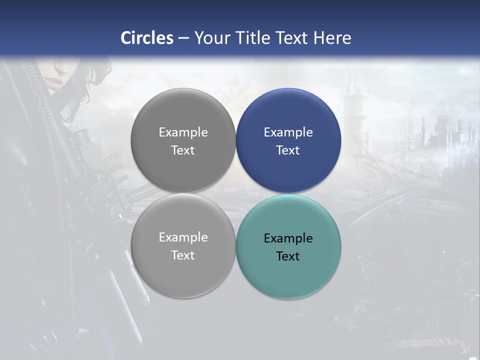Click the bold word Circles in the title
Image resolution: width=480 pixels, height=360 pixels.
(x=147, y=38)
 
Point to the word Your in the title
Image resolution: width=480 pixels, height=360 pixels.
(x=211, y=38)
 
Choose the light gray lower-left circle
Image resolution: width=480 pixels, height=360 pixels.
(x=183, y=275)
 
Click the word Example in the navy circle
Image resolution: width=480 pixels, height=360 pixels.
(x=288, y=132)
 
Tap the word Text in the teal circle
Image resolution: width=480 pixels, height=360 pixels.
(x=288, y=256)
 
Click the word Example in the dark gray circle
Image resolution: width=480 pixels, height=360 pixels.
(x=183, y=132)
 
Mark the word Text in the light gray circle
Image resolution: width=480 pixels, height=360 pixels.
(x=183, y=255)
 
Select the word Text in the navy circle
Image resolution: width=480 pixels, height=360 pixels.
(x=288, y=150)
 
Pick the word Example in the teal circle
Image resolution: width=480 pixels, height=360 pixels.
(x=288, y=238)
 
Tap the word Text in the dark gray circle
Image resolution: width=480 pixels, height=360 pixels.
(x=183, y=150)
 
